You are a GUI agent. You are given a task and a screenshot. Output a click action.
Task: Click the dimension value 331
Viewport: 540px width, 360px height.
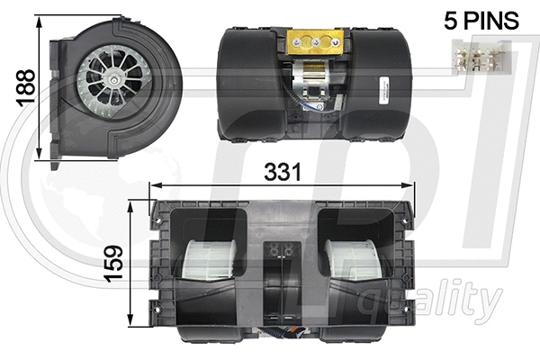(x=280, y=170)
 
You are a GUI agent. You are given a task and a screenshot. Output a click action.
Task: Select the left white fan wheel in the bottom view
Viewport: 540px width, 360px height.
(x=212, y=259)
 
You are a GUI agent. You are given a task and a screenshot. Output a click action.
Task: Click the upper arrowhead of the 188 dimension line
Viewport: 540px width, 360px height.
(x=39, y=20)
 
